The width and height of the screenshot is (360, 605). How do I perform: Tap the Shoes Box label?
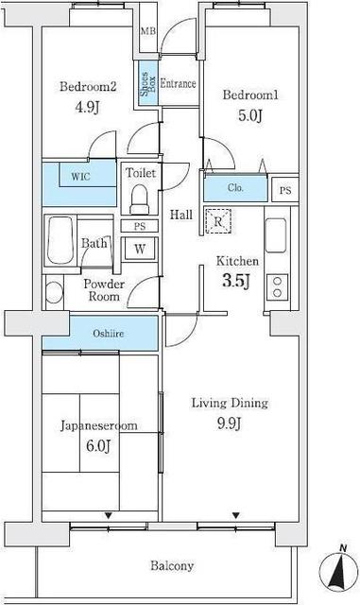coord(146,85)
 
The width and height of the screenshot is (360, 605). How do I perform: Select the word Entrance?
coord(178,83)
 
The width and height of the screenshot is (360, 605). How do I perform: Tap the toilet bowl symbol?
coord(140,199)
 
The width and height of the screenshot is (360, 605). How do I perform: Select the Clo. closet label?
coord(235,188)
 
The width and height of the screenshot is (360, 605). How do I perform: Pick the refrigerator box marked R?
coord(217,222)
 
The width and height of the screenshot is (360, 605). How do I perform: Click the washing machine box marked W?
coord(140,250)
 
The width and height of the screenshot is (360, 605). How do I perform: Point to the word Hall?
coord(181,215)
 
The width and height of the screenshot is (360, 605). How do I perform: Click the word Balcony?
coord(172,566)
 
